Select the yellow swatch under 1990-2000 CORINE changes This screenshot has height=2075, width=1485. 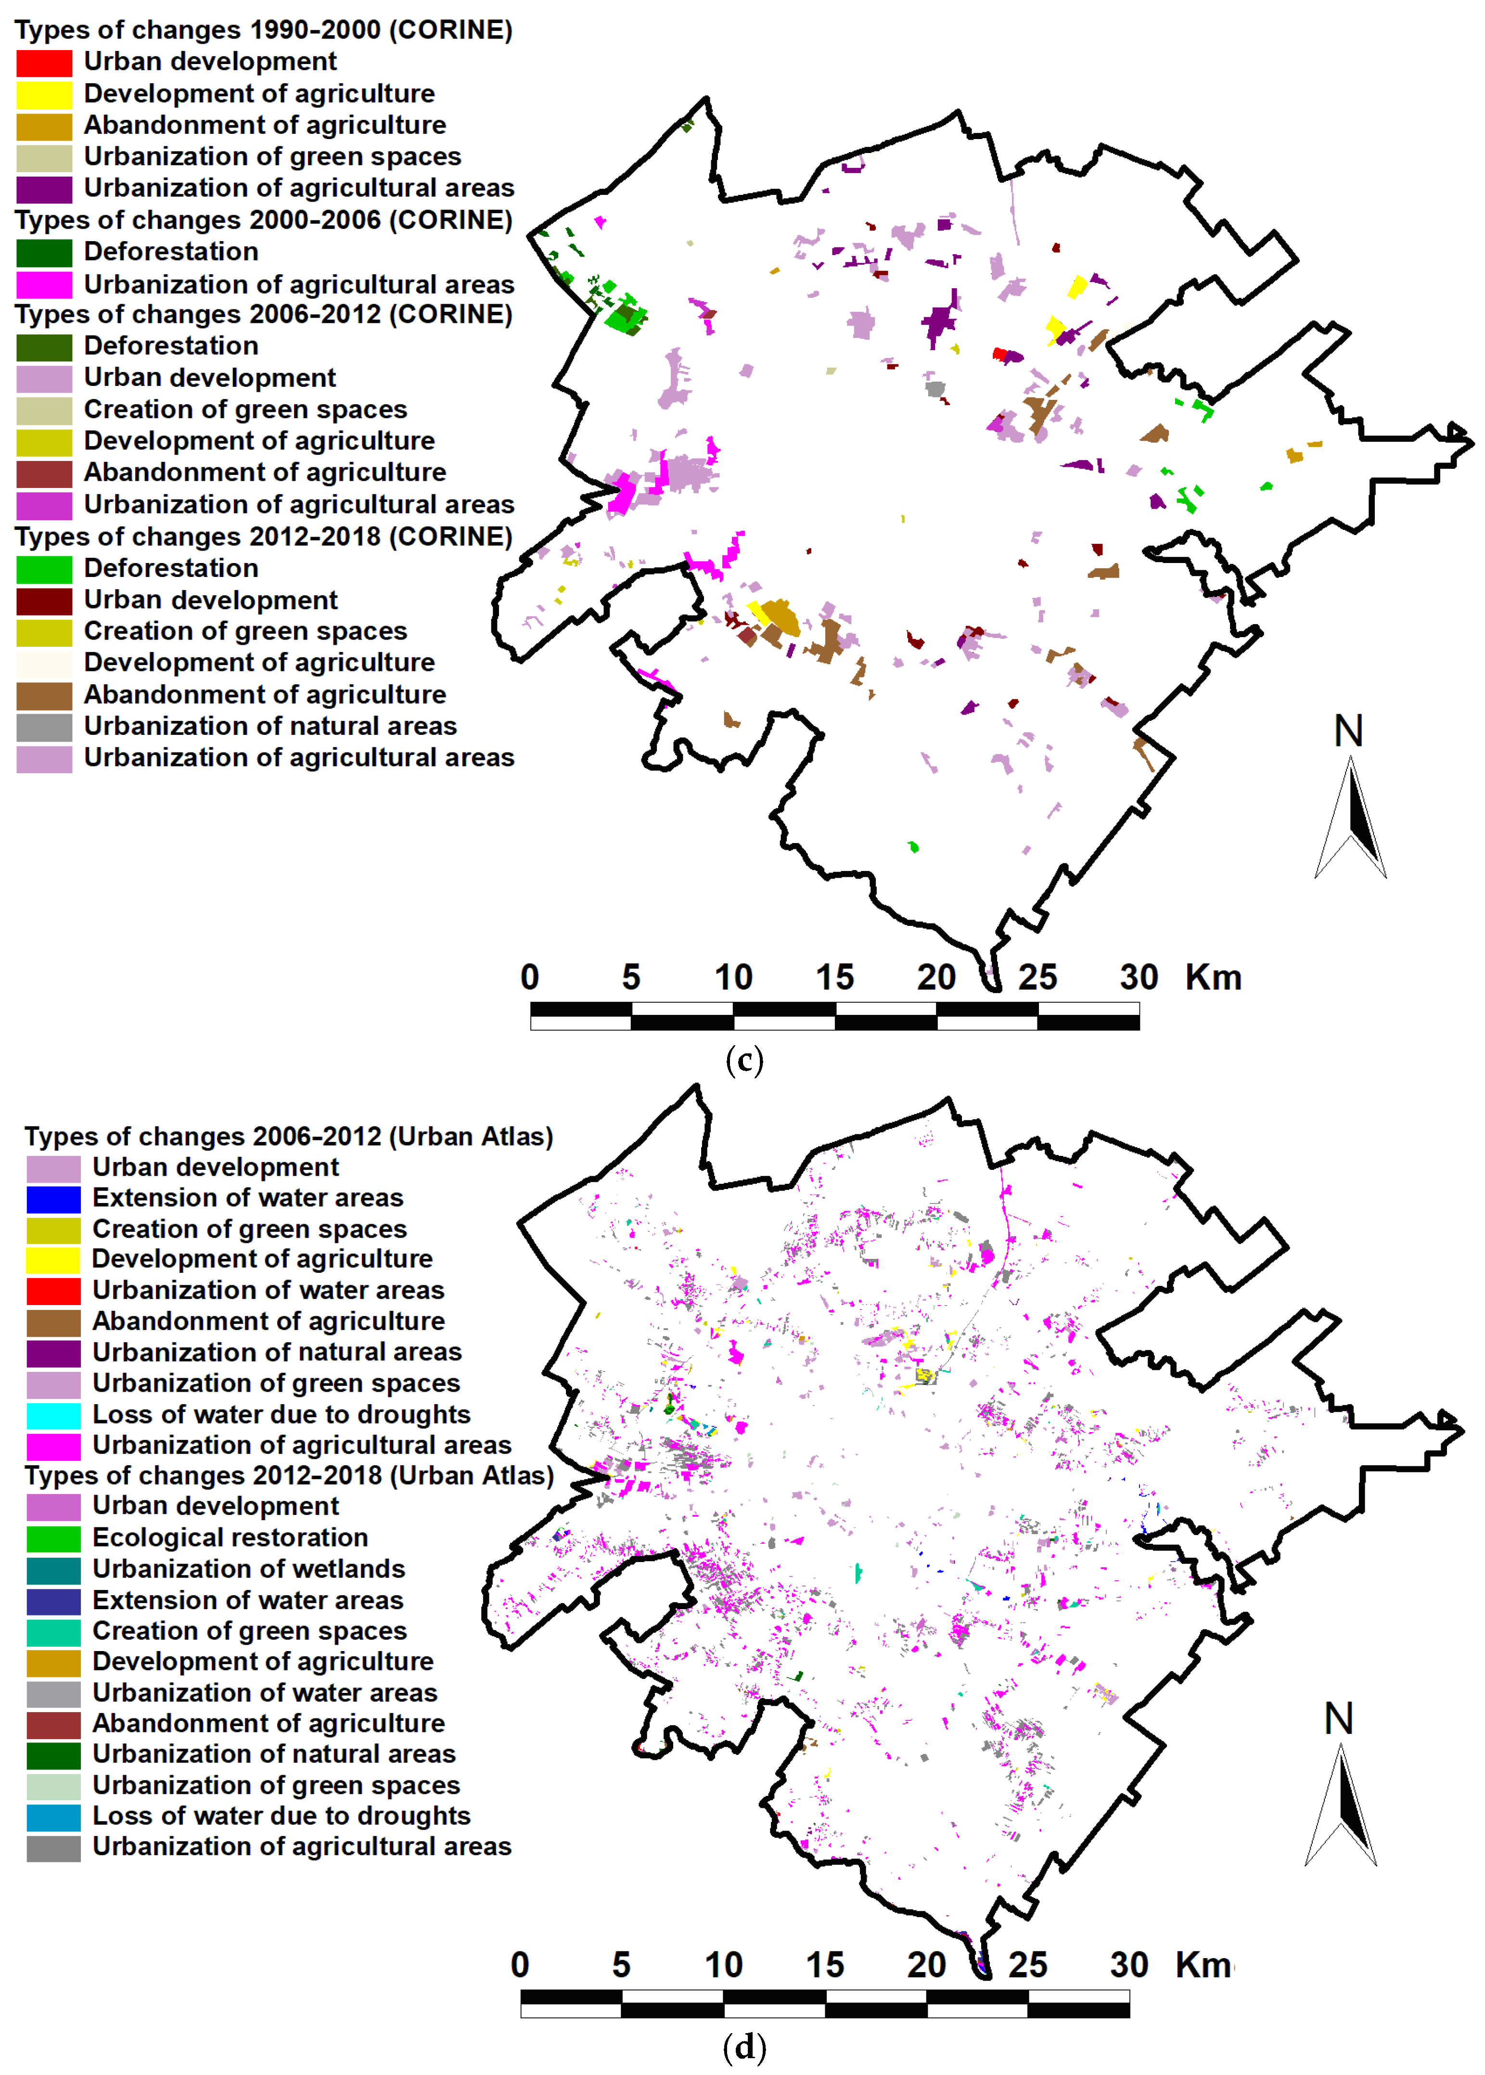click(x=44, y=94)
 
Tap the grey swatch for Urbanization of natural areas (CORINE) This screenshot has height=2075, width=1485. click(x=44, y=727)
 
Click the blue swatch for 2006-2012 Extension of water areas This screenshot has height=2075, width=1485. click(x=53, y=1199)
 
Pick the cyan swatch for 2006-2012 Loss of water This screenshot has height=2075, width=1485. click(x=53, y=1415)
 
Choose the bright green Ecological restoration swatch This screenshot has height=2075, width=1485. click(x=53, y=1538)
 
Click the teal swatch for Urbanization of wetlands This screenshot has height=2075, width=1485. click(x=53, y=1569)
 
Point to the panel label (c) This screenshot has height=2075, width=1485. click(x=743, y=1060)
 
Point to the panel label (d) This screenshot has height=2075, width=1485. click(x=743, y=2047)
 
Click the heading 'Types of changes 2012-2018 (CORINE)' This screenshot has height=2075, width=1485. click(x=263, y=537)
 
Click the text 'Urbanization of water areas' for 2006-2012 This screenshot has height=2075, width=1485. click(x=268, y=1290)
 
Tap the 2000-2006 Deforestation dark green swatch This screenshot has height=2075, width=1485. click(x=44, y=253)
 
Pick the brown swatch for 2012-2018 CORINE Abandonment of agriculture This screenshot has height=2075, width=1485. click(x=44, y=696)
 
